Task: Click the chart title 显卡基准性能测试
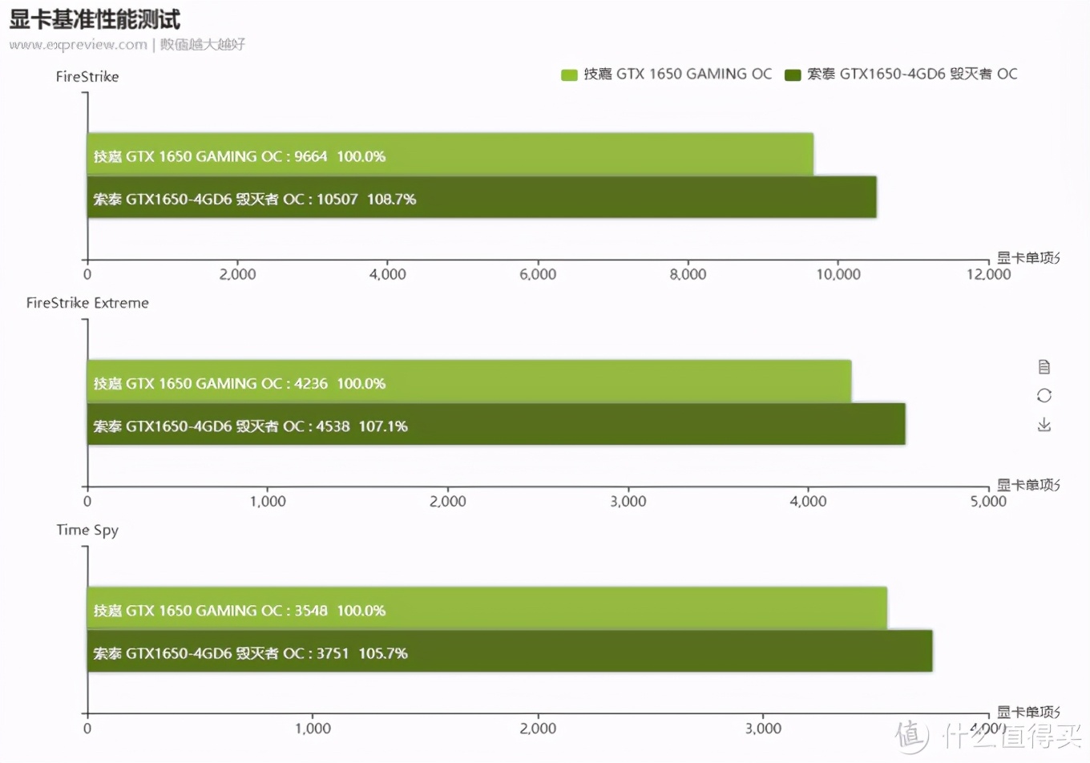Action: tap(95, 18)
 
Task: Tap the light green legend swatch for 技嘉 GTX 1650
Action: tap(569, 75)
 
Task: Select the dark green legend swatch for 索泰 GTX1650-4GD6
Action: tap(793, 75)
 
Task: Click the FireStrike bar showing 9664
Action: tap(450, 155)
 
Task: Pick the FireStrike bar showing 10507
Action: tap(481, 197)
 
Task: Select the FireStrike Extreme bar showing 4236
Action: tap(469, 381)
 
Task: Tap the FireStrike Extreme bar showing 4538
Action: tap(496, 424)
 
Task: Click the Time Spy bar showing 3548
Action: tap(486, 608)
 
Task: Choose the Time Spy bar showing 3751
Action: tap(510, 651)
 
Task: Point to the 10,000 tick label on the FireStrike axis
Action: tap(838, 274)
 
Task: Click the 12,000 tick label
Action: tap(988, 274)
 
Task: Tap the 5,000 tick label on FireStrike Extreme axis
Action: tap(988, 501)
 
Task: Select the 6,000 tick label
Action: tap(538, 274)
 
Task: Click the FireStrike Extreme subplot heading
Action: tap(87, 303)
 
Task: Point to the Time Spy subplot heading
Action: tap(87, 530)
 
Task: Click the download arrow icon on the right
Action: tap(1044, 424)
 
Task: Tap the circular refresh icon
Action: tap(1044, 395)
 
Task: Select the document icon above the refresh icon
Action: tap(1044, 366)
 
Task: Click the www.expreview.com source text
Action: tap(79, 45)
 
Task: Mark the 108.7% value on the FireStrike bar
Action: tap(391, 199)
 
